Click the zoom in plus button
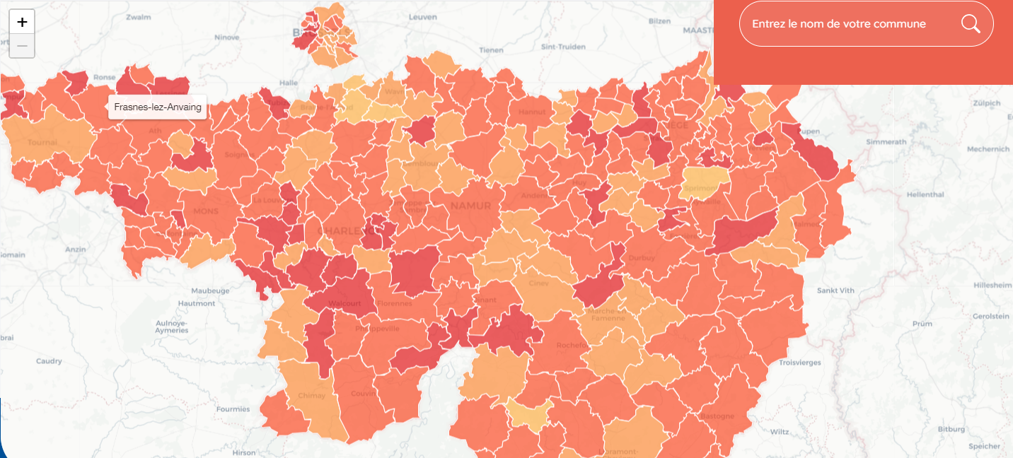pos(22,22)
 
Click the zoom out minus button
pos(22,46)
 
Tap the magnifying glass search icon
pos(971,24)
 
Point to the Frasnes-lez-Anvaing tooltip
pos(157,107)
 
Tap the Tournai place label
pos(42,142)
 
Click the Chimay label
pos(311,395)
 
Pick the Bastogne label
pos(717,416)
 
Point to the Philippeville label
pos(376,328)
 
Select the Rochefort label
pos(572,345)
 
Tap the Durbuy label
pos(642,258)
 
